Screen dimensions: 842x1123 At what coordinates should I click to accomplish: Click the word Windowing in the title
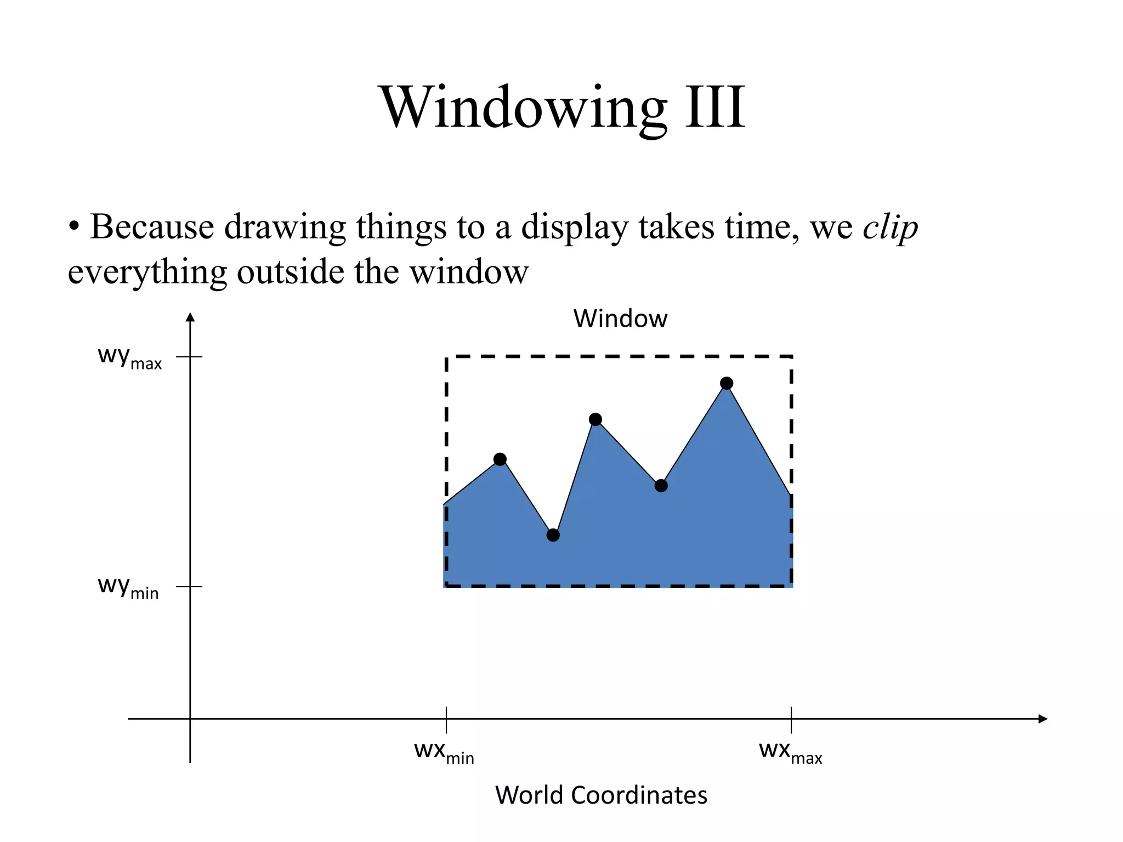click(x=524, y=108)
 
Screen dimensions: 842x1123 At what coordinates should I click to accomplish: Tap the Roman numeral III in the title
click(x=715, y=108)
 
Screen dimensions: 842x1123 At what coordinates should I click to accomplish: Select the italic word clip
click(x=890, y=227)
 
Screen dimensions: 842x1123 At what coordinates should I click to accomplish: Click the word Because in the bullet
click(x=152, y=226)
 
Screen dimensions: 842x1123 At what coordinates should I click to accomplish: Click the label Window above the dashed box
click(x=620, y=318)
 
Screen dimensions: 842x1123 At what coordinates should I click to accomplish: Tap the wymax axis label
click(x=129, y=357)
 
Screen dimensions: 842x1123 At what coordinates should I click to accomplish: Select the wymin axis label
click(x=128, y=587)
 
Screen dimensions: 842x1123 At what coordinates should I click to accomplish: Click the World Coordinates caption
click(x=601, y=795)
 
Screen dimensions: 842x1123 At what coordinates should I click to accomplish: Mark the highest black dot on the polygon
click(x=727, y=383)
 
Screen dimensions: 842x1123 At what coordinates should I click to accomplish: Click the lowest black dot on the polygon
click(x=553, y=535)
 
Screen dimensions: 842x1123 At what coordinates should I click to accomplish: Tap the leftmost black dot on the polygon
click(x=500, y=459)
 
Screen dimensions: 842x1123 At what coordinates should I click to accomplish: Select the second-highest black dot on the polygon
click(x=595, y=420)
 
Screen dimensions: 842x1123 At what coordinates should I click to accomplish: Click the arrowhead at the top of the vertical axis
click(x=190, y=317)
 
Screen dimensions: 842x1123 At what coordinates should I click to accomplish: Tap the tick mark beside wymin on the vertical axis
click(x=190, y=587)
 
